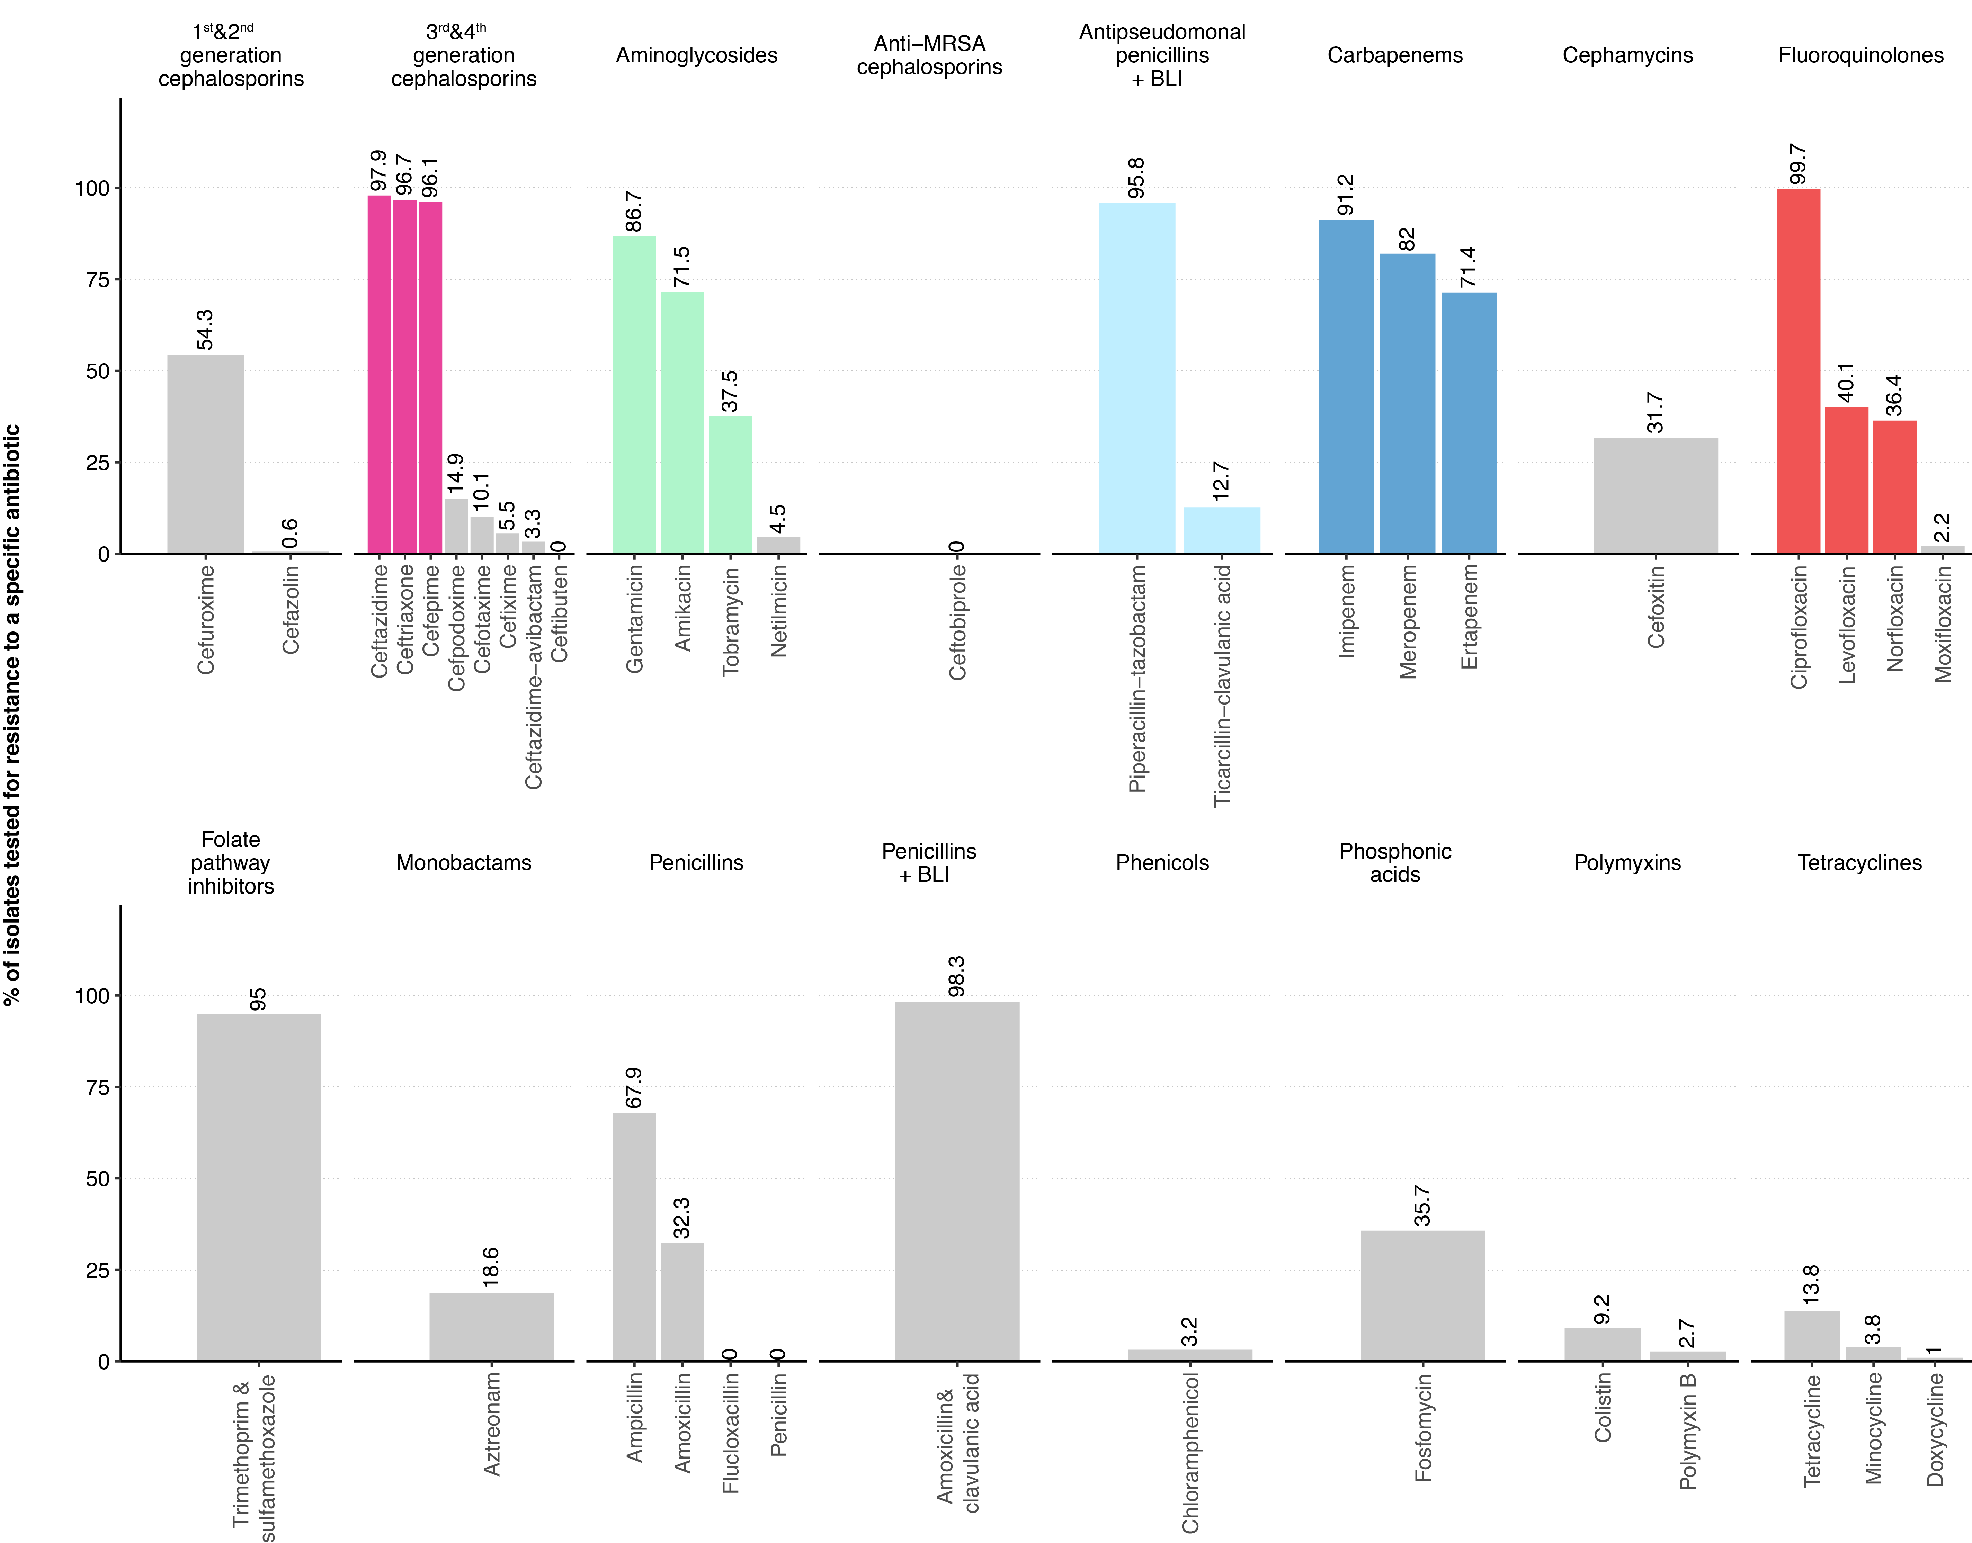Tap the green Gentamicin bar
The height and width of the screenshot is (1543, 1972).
point(634,395)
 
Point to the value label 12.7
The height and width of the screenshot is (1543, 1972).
point(1221,482)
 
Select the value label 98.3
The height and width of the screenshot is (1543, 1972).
point(957,976)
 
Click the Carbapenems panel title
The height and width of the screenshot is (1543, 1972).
point(1395,55)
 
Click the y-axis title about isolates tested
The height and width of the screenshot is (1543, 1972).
point(13,714)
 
